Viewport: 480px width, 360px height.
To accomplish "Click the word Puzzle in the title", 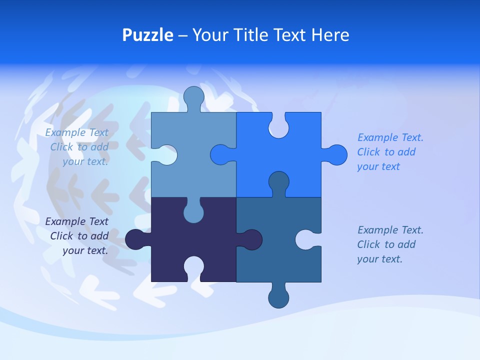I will click(147, 35).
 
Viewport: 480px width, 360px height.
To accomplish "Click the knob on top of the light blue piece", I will click(193, 97).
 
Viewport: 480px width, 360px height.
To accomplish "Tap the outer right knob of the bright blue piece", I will click(336, 155).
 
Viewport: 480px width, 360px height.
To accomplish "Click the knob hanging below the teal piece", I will click(278, 297).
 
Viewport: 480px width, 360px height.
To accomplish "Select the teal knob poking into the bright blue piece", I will click(278, 181).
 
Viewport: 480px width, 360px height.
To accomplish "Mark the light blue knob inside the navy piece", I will click(193, 212).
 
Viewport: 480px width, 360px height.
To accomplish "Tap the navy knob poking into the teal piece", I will click(251, 239).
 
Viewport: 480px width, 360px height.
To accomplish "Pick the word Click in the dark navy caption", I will click(62, 236).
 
